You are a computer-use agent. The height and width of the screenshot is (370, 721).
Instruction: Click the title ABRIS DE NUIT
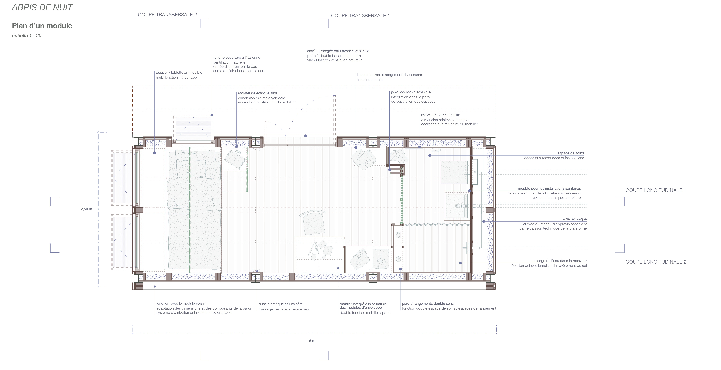[42, 7]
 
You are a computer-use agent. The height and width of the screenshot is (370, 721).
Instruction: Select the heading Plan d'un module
[42, 26]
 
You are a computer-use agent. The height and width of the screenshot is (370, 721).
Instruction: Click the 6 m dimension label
[312, 341]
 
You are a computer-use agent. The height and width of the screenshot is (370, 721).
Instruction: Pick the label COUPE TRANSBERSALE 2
[167, 15]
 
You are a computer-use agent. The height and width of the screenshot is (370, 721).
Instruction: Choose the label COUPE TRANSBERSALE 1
[360, 16]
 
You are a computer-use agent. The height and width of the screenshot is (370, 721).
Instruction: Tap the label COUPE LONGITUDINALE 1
[656, 190]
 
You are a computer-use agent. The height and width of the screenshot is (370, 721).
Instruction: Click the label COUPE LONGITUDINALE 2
[656, 262]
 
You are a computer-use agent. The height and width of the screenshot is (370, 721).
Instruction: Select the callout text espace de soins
[571, 153]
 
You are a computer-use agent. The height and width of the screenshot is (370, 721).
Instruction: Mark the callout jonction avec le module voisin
[181, 303]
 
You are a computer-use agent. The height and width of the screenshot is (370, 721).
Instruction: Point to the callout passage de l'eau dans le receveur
[559, 261]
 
